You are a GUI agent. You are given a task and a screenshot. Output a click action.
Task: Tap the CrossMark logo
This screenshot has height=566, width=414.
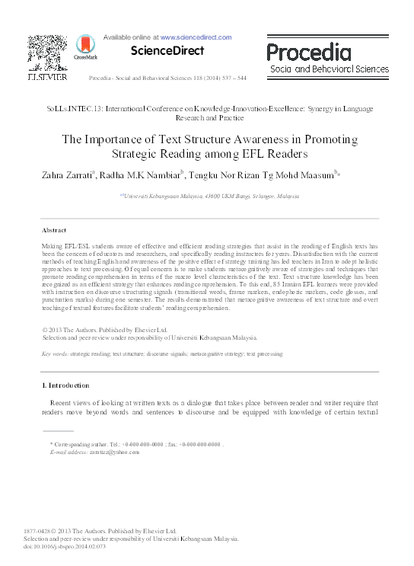[81, 50]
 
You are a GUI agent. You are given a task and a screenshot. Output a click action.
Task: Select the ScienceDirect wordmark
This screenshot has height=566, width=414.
[168, 51]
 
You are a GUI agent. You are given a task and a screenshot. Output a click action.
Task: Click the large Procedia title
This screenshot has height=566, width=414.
[309, 52]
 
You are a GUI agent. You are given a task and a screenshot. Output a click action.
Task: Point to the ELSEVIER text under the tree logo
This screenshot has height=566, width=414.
[47, 77]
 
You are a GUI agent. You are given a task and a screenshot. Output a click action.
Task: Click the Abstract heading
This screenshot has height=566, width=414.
[53, 229]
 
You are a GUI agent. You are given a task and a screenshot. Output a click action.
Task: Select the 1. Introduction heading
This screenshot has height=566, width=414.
[65, 386]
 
